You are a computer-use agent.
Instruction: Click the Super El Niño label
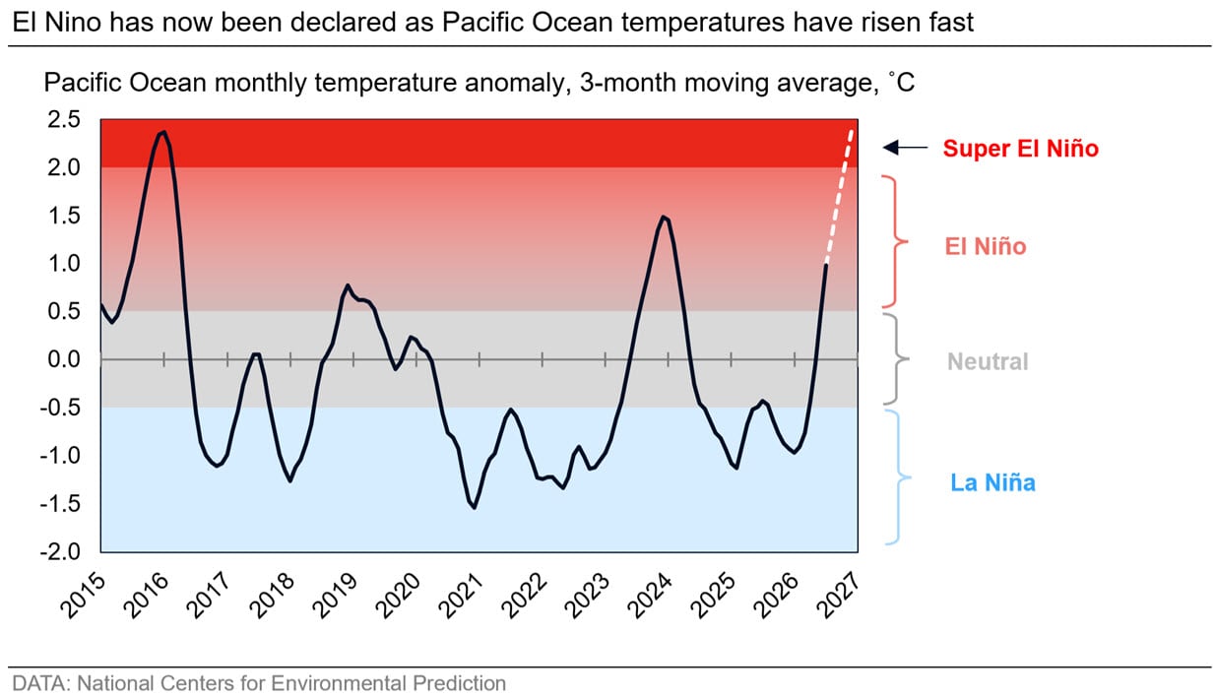[1020, 149]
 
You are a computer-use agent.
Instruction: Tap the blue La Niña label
[992, 482]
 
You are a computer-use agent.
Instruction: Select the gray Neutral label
[988, 361]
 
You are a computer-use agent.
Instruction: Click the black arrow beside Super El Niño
[905, 147]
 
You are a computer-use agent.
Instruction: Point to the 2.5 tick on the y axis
[63, 119]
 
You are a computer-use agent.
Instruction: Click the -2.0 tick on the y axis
[60, 551]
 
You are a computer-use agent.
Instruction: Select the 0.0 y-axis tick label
[63, 359]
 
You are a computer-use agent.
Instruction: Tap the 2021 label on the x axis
[461, 596]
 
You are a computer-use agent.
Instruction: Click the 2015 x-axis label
[83, 596]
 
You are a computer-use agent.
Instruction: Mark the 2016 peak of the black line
[163, 132]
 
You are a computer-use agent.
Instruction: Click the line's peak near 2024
[664, 217]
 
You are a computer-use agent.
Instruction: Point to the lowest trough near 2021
[475, 508]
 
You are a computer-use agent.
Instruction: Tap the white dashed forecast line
[839, 196]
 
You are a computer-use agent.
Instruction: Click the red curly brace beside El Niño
[896, 242]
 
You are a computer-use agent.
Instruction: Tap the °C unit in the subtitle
[902, 83]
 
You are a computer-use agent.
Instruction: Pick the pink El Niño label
[986, 246]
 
